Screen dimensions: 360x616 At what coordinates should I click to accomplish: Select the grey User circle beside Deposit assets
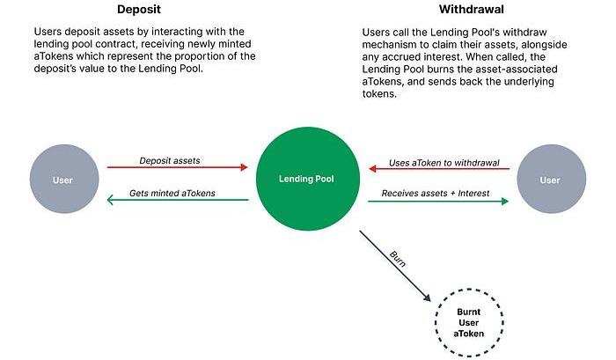pos(62,180)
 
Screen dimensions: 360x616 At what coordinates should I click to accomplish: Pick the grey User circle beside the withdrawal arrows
pos(550,180)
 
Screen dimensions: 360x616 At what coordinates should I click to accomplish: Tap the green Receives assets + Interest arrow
pos(437,201)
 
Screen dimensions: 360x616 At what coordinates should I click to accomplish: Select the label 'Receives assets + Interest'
pos(437,192)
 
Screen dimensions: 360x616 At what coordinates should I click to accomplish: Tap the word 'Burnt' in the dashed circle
pos(469,311)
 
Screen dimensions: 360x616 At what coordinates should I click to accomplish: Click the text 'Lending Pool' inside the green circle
pos(307,180)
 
